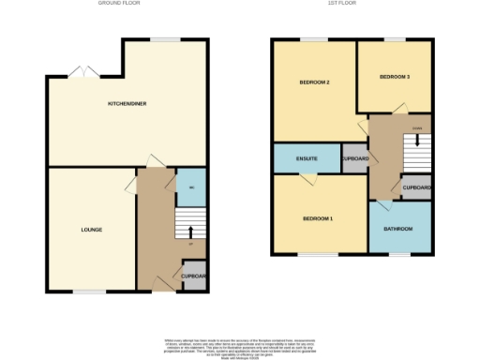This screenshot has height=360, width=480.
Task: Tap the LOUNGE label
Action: pos(91,230)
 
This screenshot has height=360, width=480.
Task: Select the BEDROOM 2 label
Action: pos(314,82)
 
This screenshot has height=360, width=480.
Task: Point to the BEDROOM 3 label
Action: pos(394,77)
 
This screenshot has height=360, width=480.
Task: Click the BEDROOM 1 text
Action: pos(318,218)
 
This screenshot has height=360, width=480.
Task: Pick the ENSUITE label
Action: pos(306,159)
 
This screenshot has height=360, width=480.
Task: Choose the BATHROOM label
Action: pos(397,229)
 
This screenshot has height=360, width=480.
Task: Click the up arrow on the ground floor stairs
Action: pos(191,231)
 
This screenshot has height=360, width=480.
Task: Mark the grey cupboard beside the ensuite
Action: pos(355,159)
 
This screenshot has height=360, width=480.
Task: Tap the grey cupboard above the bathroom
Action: pos(416,187)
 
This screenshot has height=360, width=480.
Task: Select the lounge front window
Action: pos(89,292)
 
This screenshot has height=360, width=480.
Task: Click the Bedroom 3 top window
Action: pos(394,38)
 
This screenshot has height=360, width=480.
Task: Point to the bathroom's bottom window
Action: pos(400,254)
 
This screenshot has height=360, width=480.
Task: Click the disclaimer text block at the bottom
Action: pos(240,345)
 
